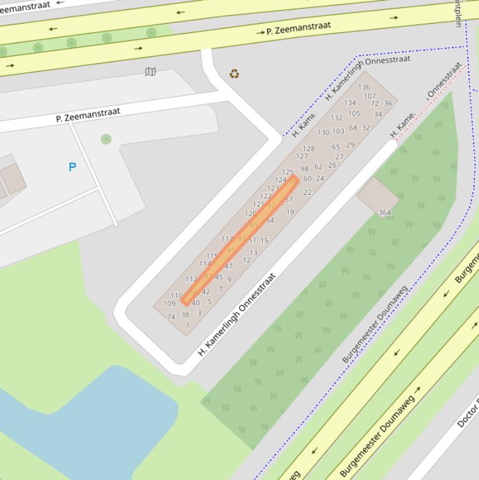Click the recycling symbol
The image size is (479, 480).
pyautogui.click(x=234, y=74)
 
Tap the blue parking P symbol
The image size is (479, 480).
pyautogui.click(x=72, y=167)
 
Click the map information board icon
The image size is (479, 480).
pyautogui.click(x=150, y=72)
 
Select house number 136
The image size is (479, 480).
pyautogui.click(x=364, y=87)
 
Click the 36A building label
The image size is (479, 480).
pyautogui.click(x=385, y=213)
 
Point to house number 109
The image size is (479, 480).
pyautogui.click(x=169, y=304)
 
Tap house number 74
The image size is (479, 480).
pyautogui.click(x=171, y=317)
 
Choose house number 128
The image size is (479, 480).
pyautogui.click(x=309, y=149)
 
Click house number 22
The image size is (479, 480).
pyautogui.click(x=307, y=193)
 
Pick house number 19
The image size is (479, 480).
pyautogui.click(x=290, y=213)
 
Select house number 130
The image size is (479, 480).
pyautogui.click(x=323, y=132)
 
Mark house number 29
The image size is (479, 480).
pyautogui.click(x=350, y=145)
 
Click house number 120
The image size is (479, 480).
pyautogui.click(x=250, y=214)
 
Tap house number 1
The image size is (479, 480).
pyautogui.click(x=187, y=325)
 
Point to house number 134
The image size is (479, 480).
pyautogui.click(x=350, y=103)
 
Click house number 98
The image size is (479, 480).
pyautogui.click(x=304, y=169)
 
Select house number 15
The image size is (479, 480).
pyautogui.click(x=265, y=241)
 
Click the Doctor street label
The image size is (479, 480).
pyautogui.click(x=468, y=411)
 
